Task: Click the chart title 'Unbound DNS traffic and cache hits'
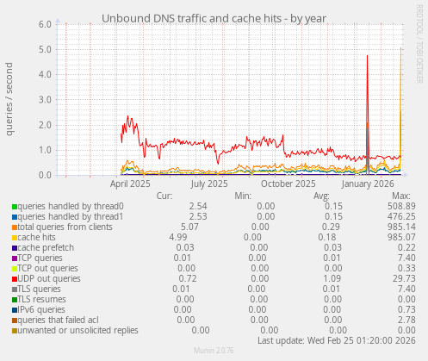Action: click(214, 17)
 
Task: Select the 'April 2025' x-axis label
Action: click(131, 184)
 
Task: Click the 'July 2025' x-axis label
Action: click(209, 184)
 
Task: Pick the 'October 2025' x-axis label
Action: click(288, 184)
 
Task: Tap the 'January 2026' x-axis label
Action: click(368, 184)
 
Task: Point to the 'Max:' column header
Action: click(400, 196)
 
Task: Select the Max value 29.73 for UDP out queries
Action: click(403, 278)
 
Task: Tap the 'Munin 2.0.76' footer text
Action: click(214, 353)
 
